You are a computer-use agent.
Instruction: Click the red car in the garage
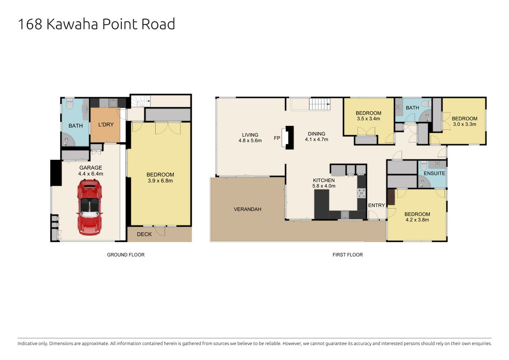pyautogui.click(x=90, y=207)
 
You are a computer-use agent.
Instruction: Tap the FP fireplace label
pyautogui.click(x=277, y=138)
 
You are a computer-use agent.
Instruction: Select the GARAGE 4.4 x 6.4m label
pyautogui.click(x=90, y=171)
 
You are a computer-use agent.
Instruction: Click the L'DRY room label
pyautogui.click(x=106, y=125)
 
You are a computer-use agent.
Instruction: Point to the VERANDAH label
pyautogui.click(x=248, y=209)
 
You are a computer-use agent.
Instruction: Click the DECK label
pyautogui.click(x=144, y=234)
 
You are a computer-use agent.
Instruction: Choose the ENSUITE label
pyautogui.click(x=434, y=173)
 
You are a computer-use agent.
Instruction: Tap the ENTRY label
pyautogui.click(x=377, y=205)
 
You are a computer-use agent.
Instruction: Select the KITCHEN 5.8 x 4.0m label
pyautogui.click(x=324, y=183)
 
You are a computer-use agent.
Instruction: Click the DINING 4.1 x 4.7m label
pyautogui.click(x=316, y=136)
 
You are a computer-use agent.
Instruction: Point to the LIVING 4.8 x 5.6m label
pyautogui.click(x=250, y=138)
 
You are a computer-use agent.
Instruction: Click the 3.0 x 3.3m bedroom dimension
pyautogui.click(x=464, y=124)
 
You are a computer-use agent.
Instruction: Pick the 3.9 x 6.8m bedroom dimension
pyautogui.click(x=160, y=180)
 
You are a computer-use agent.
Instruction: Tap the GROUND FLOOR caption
pyautogui.click(x=126, y=255)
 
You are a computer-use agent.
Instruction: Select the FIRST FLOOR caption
pyautogui.click(x=347, y=255)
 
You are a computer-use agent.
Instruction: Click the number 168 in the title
pyautogui.click(x=30, y=24)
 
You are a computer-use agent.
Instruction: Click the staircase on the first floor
pyautogui.click(x=320, y=104)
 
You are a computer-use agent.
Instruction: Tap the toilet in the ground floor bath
pyautogui.click(x=70, y=104)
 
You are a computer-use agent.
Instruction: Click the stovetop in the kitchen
pyautogui.click(x=361, y=193)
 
